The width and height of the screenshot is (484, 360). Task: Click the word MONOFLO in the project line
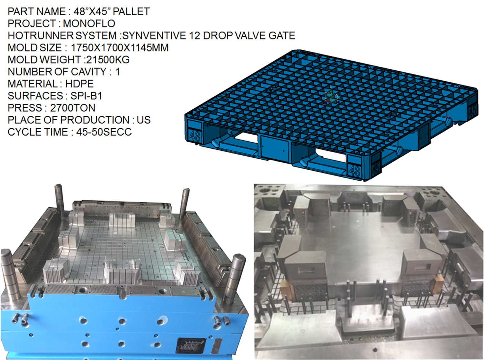[89, 24]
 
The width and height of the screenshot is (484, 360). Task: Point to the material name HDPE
[79, 84]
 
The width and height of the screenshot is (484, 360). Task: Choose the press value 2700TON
[73, 108]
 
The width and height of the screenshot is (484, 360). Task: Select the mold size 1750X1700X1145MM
[119, 48]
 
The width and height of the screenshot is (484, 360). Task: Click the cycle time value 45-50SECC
[104, 132]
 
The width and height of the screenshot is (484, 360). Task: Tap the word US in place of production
[144, 120]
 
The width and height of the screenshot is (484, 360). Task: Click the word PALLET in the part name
[131, 12]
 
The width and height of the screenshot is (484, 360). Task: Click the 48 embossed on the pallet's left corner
[195, 135]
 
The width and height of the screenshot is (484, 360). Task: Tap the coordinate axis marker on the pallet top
[331, 96]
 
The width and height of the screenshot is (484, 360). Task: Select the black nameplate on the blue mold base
[190, 345]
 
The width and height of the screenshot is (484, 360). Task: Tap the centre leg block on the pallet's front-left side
[275, 147]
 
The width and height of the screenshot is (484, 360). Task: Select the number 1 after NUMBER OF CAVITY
[117, 72]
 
